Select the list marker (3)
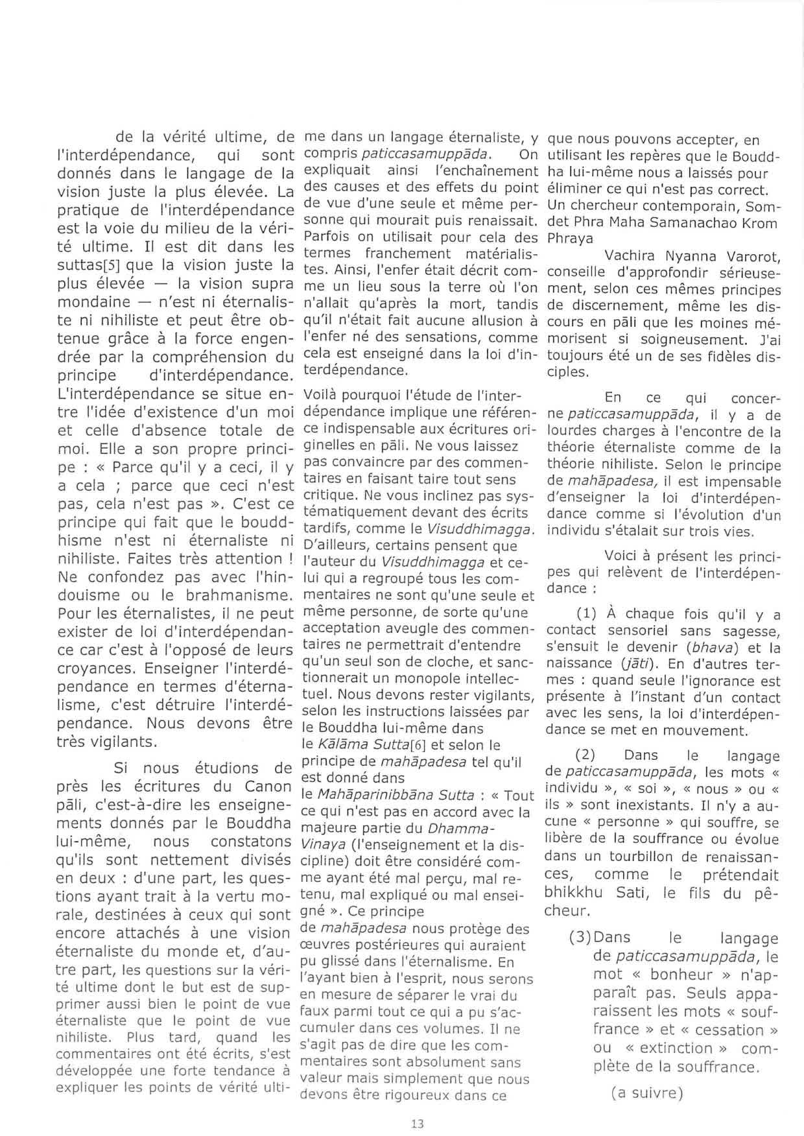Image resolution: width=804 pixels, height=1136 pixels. (580, 938)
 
